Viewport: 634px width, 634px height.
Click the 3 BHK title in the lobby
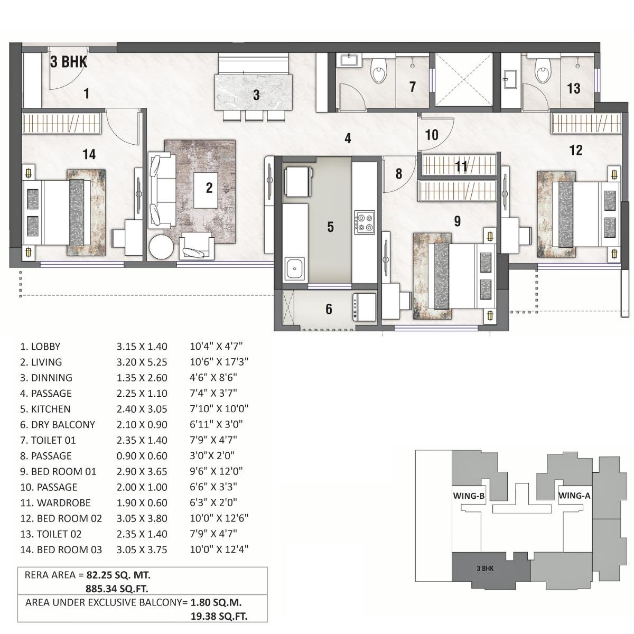tap(68, 62)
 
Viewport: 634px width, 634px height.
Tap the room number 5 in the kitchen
tap(330, 227)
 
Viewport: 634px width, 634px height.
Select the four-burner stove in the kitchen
tap(364, 221)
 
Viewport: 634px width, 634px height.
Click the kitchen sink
tap(293, 269)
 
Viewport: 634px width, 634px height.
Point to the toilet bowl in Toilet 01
tap(379, 72)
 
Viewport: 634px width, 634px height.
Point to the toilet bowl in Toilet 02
tap(542, 71)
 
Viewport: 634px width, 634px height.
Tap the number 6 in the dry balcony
tap(329, 309)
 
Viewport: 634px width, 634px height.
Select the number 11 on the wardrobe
tap(461, 167)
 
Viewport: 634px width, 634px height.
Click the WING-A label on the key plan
tap(574, 496)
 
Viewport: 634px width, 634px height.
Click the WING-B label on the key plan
tap(469, 496)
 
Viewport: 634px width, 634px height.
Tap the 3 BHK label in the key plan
tap(485, 568)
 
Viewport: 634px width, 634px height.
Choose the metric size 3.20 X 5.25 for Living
tap(142, 362)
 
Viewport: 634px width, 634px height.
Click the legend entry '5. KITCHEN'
tap(45, 409)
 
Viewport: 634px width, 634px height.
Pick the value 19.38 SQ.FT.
tap(219, 616)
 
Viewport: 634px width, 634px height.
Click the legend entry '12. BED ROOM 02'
tap(61, 518)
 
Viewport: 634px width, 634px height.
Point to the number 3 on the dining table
tap(256, 95)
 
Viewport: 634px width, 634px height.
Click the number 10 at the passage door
tap(432, 135)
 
